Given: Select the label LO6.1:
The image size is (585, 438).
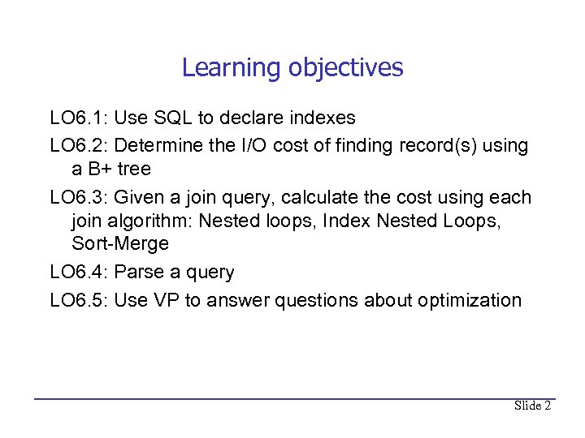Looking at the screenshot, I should [79, 118].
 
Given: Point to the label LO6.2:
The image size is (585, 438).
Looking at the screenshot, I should [79, 146].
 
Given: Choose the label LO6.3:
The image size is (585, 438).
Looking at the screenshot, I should [79, 198].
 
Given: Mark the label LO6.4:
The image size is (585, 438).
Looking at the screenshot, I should [79, 273].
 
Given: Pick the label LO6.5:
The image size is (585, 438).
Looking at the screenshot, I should [79, 300].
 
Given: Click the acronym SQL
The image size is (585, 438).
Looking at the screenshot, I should [174, 118].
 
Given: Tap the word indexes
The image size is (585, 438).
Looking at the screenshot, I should [323, 118].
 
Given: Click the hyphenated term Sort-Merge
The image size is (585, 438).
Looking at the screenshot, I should [120, 244].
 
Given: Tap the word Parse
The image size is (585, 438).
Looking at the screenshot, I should [137, 273].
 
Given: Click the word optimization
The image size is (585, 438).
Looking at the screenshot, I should [470, 300].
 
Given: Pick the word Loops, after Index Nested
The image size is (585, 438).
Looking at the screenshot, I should [476, 221].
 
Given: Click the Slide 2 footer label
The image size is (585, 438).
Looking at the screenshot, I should [532, 406].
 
